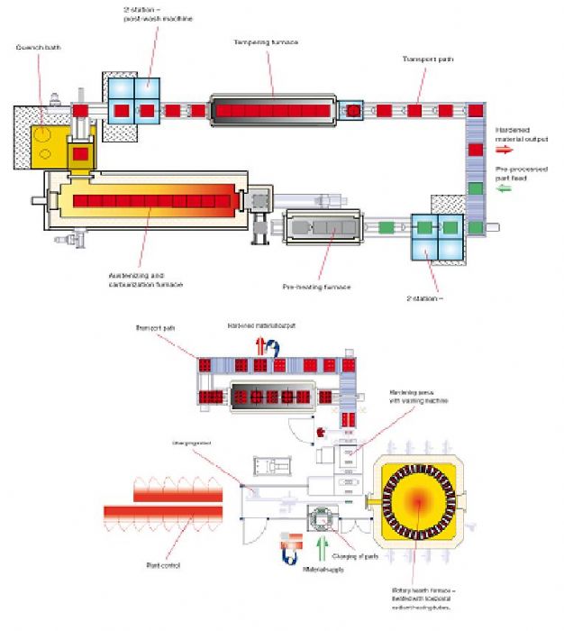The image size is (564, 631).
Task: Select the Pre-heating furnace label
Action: point(315,287)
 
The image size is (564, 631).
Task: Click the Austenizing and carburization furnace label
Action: point(145,279)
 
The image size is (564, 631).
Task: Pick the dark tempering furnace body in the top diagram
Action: point(274,111)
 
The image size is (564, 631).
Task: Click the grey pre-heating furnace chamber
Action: point(322,230)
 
